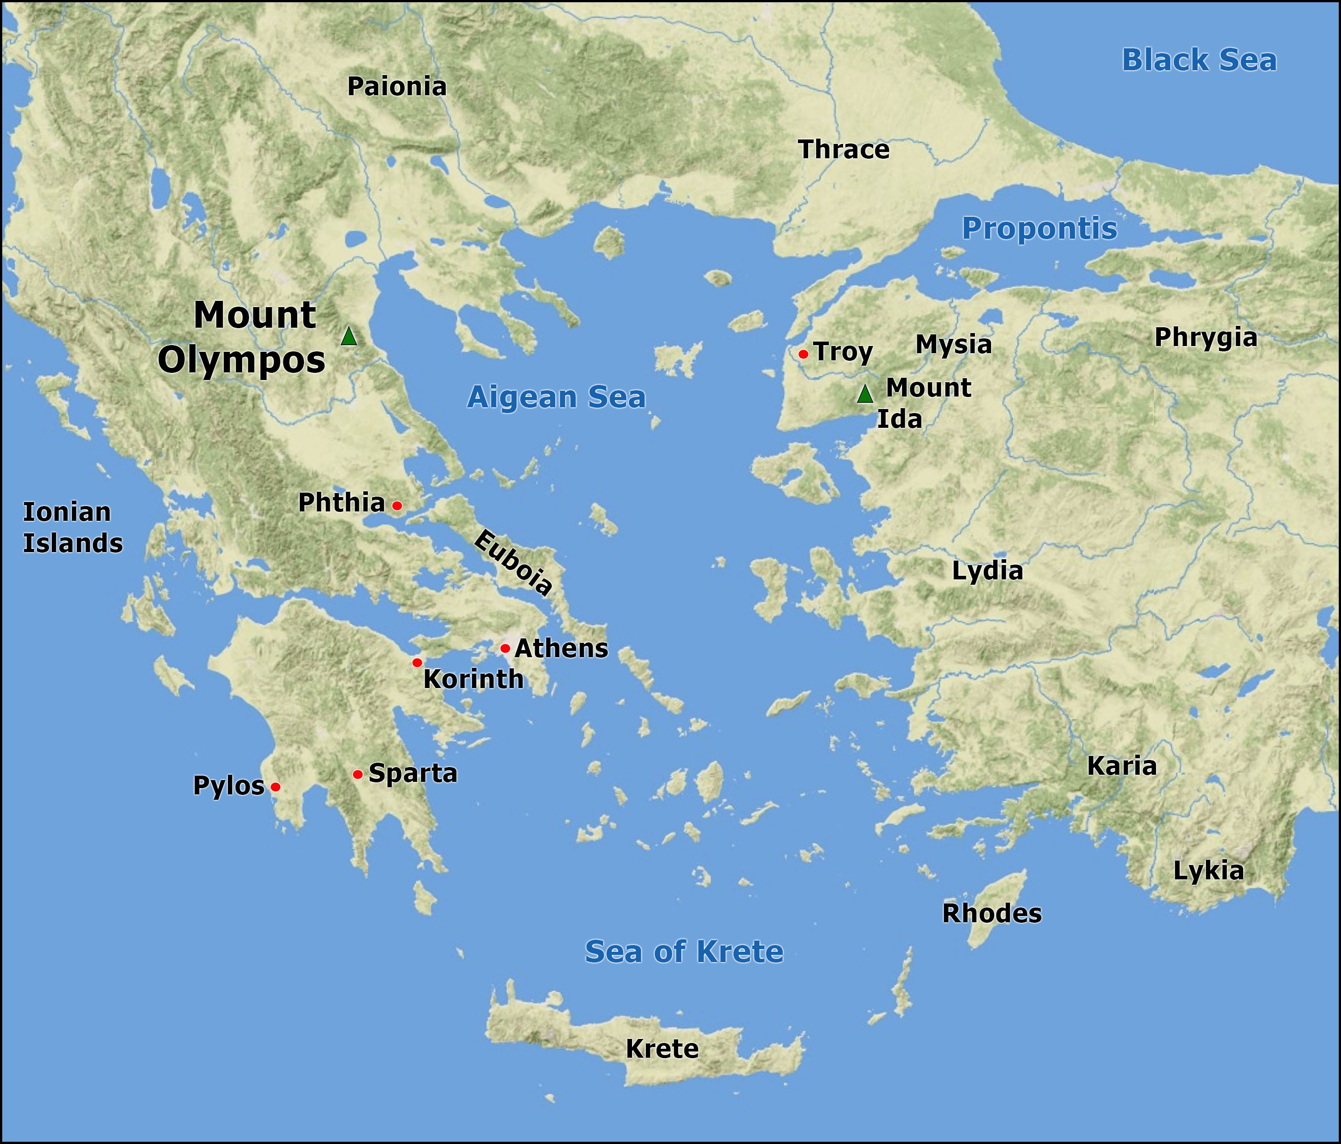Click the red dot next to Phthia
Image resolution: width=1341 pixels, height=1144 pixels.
pos(397,506)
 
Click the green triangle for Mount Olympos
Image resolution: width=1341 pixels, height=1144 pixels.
pos(349,337)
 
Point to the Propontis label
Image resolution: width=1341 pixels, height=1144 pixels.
pos(1039,228)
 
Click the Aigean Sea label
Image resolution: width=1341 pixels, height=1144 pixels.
pos(557,397)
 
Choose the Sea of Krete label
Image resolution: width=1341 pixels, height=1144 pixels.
pos(684,952)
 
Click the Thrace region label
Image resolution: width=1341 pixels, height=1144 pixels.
pos(844,150)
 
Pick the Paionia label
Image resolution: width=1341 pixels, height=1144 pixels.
pos(397,87)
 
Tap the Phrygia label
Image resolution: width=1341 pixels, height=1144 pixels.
pos(1206,338)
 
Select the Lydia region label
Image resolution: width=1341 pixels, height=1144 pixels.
pos(987,570)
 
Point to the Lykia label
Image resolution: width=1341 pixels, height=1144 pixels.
pos(1208,871)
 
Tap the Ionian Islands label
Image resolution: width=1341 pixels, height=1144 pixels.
pos(72,528)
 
